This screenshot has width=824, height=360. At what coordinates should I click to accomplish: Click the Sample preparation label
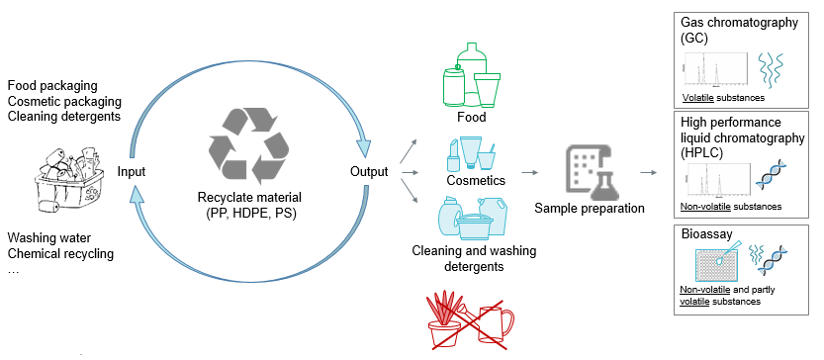(591, 209)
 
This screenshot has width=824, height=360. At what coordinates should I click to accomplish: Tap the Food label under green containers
(471, 118)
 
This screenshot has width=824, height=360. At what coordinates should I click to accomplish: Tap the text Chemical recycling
(60, 254)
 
